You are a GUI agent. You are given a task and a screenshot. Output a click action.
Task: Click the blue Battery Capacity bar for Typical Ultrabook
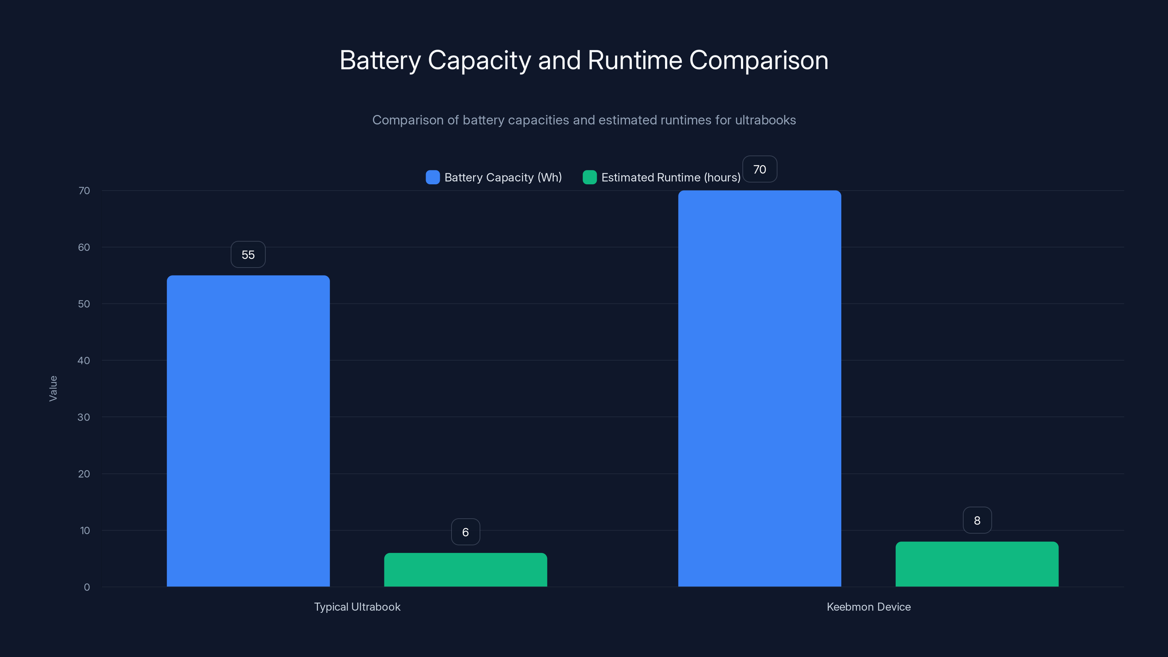pos(248,431)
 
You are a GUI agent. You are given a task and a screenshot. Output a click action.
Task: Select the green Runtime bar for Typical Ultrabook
pos(465,569)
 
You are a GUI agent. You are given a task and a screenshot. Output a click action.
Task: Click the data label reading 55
pos(248,255)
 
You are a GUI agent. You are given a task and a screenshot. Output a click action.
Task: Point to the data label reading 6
pos(465,532)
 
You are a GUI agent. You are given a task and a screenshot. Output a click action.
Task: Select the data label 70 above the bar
pos(760,170)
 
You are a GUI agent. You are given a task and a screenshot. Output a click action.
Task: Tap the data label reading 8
pos(977,520)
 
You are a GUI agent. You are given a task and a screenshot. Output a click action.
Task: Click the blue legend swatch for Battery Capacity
pos(433,177)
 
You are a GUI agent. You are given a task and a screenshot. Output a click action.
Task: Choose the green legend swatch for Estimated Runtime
pos(589,177)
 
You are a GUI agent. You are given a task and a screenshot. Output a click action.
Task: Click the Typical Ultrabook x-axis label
pos(357,607)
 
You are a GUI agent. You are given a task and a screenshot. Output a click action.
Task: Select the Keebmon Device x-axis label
pos(868,607)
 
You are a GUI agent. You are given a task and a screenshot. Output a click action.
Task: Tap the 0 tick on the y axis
pos(87,587)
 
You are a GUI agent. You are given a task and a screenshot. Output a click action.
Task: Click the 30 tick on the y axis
pos(84,417)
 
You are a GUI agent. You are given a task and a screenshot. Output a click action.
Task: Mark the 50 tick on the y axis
pos(84,304)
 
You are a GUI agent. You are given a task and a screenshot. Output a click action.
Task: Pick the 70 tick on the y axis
pos(84,191)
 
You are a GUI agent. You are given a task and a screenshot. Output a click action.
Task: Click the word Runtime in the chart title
pos(635,60)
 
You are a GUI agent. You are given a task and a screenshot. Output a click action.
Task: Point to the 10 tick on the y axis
pos(85,530)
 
